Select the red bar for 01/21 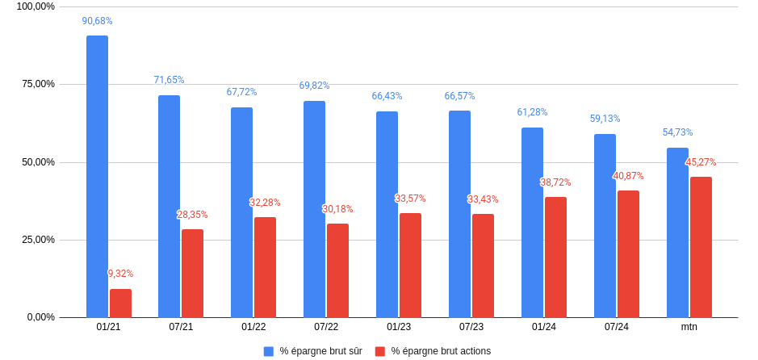point(120,303)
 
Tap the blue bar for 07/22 point(314,209)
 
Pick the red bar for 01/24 point(555,257)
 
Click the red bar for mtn point(701,247)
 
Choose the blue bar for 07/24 point(605,225)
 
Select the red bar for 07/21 point(192,273)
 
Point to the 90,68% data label point(97,21)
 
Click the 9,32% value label point(120,274)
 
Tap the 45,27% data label point(701,162)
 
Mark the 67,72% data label point(241,92)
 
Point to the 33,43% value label point(483,199)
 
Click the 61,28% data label point(532,112)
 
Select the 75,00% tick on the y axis point(36,84)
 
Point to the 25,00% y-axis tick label point(36,240)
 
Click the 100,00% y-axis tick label point(36,6)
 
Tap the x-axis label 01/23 point(399,327)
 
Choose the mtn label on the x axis point(689,327)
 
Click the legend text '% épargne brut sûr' point(320,351)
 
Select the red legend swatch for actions point(380,351)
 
